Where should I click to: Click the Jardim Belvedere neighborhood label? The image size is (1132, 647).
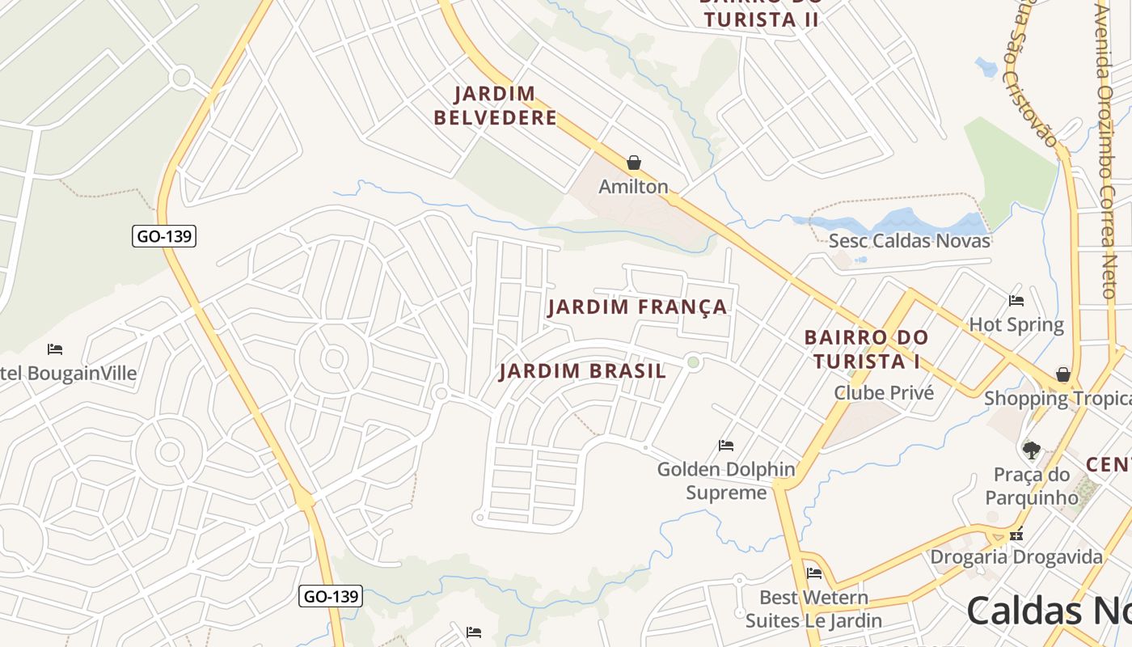point(495,106)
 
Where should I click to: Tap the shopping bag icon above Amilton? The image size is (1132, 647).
point(634,163)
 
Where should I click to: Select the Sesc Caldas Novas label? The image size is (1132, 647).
point(909,240)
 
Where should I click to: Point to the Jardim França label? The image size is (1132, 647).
point(637,307)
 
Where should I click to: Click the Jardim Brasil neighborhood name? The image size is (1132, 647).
point(582,371)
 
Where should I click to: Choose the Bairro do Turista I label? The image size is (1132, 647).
point(866,349)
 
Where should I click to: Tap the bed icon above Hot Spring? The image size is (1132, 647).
point(1016,301)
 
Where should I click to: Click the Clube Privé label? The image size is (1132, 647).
point(883,393)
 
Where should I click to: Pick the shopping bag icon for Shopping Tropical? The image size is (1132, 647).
point(1063,374)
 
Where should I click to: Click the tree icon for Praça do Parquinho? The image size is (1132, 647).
point(1031,450)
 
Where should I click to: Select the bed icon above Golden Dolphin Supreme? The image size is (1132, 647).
point(726,445)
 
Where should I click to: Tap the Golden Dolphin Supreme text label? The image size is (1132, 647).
point(726,480)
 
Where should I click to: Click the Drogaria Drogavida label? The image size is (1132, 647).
point(1016,556)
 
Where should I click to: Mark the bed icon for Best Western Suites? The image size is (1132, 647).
point(814,573)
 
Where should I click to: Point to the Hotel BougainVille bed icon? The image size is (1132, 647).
point(55,349)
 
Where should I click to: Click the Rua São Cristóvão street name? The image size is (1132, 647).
point(1031,73)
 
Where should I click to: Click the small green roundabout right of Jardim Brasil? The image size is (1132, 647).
point(693,362)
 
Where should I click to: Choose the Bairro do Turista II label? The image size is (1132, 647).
point(760,15)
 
